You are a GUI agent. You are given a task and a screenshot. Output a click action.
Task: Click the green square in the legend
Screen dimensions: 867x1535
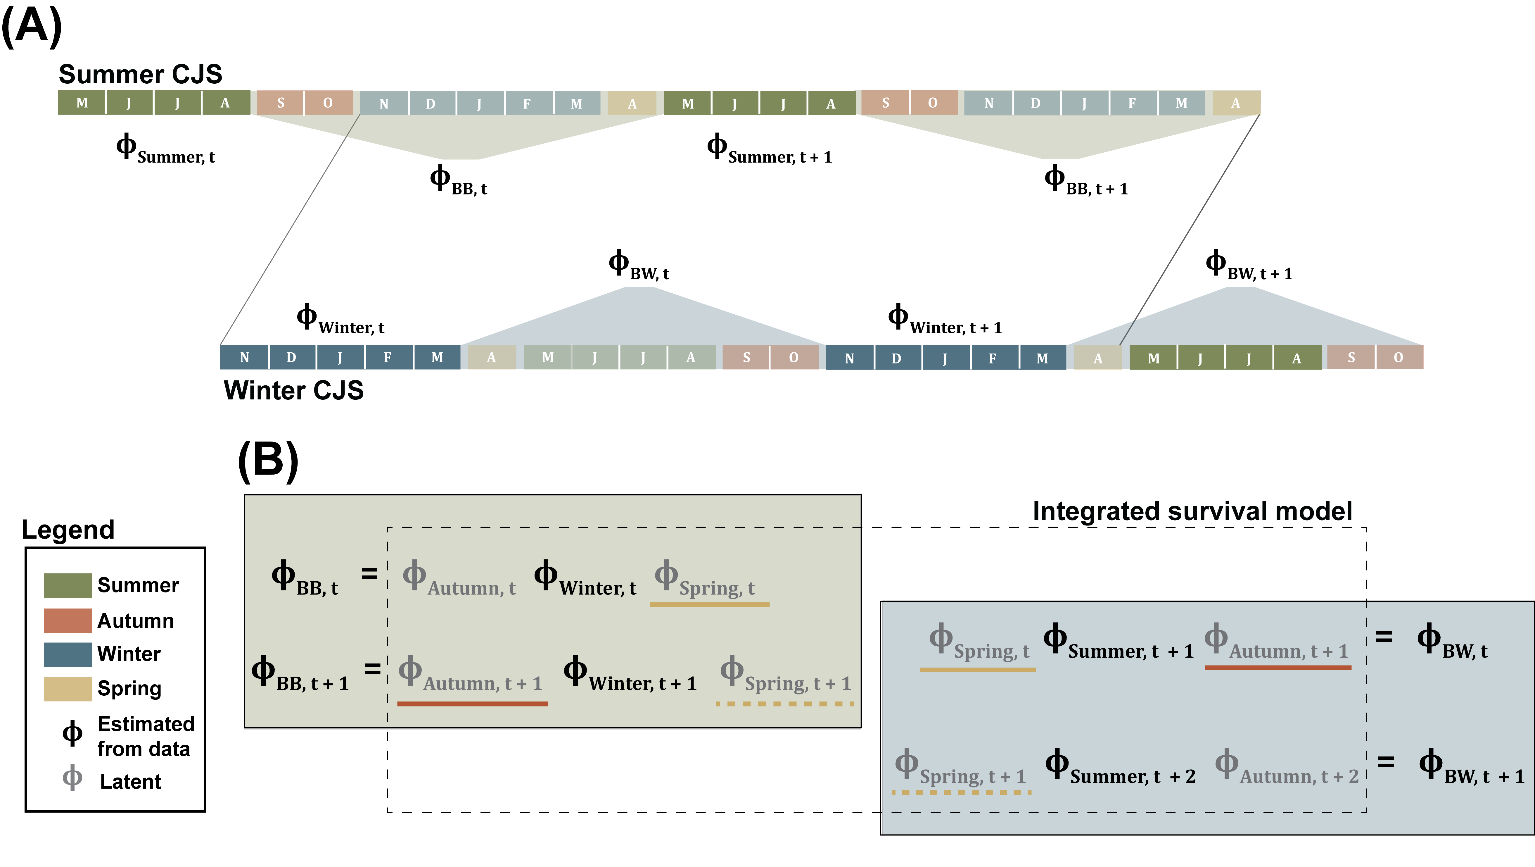point(68,585)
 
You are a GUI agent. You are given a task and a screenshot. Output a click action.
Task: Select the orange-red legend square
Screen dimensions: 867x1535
point(68,620)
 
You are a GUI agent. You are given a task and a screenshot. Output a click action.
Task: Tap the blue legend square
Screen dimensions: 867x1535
point(68,654)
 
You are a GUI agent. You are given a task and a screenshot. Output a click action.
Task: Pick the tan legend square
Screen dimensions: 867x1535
point(68,689)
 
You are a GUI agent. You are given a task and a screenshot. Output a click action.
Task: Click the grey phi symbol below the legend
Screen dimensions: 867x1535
point(72,777)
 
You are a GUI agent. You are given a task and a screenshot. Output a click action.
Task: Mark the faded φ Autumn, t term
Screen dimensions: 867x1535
point(459,578)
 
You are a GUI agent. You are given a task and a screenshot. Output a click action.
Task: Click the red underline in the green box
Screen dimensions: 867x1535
point(472,704)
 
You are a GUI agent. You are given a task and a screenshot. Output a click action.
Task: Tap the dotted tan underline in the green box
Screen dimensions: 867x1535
point(785,704)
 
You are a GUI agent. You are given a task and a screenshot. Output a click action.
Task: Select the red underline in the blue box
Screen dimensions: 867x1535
point(1278,667)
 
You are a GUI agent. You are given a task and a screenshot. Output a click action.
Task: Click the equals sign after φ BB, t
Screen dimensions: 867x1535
point(369,574)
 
